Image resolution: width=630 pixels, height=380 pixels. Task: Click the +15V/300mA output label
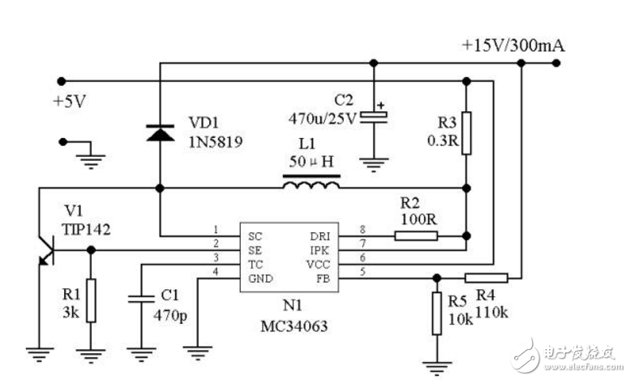[x=512, y=45]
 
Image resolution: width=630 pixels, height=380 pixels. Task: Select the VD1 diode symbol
[x=160, y=132]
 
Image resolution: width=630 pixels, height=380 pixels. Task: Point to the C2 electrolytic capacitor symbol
[x=374, y=115]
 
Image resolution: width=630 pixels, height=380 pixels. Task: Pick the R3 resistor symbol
[x=465, y=128]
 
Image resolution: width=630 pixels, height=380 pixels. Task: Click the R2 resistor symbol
[x=416, y=236]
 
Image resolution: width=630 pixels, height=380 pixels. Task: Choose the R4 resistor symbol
[x=486, y=277]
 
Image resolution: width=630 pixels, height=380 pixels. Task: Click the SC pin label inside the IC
[x=255, y=235]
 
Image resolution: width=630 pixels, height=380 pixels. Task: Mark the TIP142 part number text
[x=85, y=229]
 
